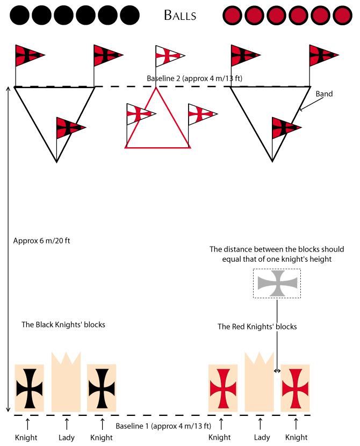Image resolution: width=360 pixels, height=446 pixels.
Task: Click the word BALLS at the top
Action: tap(180, 16)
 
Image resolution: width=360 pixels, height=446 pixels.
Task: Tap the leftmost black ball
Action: tap(20, 16)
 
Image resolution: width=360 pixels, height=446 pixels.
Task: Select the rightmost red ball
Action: tap(342, 16)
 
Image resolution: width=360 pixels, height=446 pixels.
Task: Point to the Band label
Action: tap(324, 94)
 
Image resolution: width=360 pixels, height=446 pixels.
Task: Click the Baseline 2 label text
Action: tap(195, 78)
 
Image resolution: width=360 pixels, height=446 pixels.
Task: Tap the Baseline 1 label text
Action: tap(163, 426)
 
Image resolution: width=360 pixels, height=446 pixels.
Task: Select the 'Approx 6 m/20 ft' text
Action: tap(41, 241)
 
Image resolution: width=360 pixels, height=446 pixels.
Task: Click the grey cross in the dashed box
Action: tap(277, 283)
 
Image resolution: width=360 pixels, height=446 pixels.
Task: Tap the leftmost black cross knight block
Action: tap(30, 388)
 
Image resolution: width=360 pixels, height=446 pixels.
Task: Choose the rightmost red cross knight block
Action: tap(295, 388)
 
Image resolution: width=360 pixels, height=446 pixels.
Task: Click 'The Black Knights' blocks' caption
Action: tap(63, 325)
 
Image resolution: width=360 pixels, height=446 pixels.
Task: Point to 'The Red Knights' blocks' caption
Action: tap(257, 327)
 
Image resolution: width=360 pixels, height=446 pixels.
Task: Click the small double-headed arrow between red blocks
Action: tap(277, 371)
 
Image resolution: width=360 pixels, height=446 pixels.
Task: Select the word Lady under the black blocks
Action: tap(67, 437)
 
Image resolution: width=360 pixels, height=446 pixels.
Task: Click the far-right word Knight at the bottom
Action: tap(296, 437)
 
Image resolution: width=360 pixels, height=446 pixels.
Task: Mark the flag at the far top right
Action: tap(323, 55)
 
